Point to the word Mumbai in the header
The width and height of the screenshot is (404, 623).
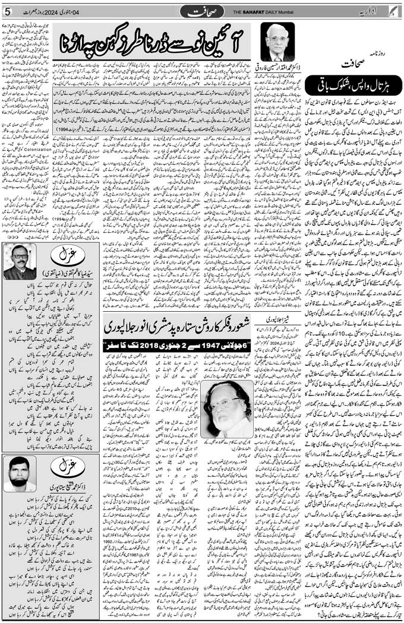pyautogui.click(x=301, y=12)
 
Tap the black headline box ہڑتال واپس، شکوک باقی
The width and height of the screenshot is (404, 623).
pyautogui.click(x=353, y=84)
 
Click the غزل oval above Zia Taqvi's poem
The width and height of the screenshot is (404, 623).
pyautogui.click(x=63, y=257)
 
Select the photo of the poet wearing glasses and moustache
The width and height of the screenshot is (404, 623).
pyautogui.click(x=20, y=261)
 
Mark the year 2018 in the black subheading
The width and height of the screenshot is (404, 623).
pyautogui.click(x=151, y=345)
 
